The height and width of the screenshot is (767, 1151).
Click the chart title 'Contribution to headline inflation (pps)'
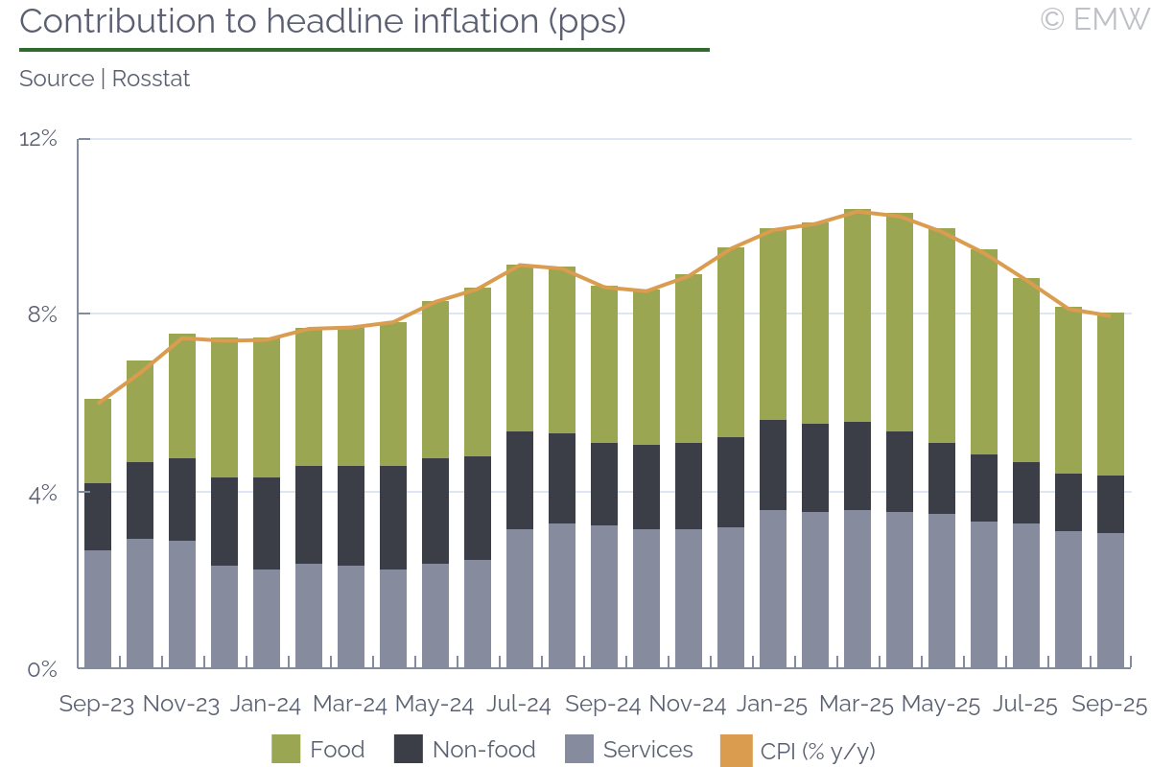tap(322, 21)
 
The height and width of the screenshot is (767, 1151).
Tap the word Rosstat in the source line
tap(151, 79)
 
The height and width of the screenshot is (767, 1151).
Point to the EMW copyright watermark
tap(1093, 19)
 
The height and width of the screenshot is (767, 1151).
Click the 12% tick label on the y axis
tap(38, 139)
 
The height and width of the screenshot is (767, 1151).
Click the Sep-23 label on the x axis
tap(97, 705)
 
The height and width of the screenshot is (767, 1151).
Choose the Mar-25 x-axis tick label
tap(857, 705)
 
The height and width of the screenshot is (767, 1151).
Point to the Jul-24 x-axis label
tap(519, 705)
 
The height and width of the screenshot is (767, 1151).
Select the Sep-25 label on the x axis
tap(1110, 705)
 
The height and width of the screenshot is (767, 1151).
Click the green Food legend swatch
tap(286, 749)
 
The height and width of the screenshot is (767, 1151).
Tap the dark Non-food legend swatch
tap(408, 749)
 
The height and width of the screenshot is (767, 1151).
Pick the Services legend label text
tap(648, 749)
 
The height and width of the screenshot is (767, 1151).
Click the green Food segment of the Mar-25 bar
tap(857, 316)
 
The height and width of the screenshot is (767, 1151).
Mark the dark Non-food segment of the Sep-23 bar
tap(97, 517)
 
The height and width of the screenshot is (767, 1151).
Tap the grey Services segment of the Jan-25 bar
tap(772, 589)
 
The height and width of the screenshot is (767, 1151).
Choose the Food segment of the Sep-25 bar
tap(1110, 394)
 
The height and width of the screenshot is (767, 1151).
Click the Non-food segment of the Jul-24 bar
tap(519, 480)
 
